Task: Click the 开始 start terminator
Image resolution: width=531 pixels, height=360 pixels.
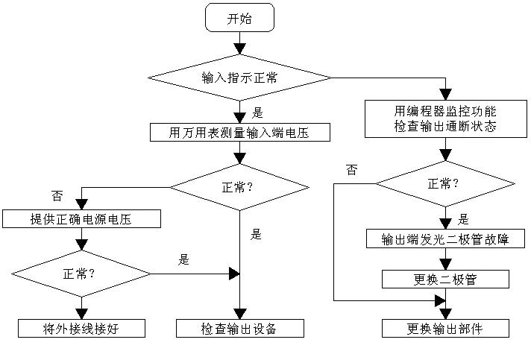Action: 239,19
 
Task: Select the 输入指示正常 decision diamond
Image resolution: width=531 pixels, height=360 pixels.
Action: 239,77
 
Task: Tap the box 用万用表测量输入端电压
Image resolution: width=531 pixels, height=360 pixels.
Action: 239,133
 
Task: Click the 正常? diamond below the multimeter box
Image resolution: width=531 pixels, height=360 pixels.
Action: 239,186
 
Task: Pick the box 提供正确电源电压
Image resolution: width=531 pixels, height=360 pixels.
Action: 81,218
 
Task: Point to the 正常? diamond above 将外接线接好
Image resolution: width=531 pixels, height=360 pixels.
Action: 81,274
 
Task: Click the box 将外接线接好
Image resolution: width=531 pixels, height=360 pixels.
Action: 81,329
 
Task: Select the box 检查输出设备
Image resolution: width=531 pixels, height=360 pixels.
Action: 239,329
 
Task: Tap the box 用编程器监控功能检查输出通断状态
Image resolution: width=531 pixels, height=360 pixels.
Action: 445,119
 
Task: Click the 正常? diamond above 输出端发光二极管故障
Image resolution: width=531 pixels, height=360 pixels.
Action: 445,183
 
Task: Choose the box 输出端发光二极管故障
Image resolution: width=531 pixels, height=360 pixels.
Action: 445,239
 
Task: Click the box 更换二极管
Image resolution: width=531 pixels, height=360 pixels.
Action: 445,280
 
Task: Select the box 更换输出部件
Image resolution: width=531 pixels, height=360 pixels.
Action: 445,329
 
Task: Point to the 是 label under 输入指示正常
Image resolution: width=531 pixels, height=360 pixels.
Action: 259,114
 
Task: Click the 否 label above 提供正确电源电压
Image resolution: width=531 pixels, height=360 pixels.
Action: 57,196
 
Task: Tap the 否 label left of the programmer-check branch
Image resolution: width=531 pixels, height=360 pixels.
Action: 351,170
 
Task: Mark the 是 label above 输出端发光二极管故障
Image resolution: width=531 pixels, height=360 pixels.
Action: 462,219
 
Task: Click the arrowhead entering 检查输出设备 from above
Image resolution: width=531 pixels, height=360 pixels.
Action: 239,315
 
